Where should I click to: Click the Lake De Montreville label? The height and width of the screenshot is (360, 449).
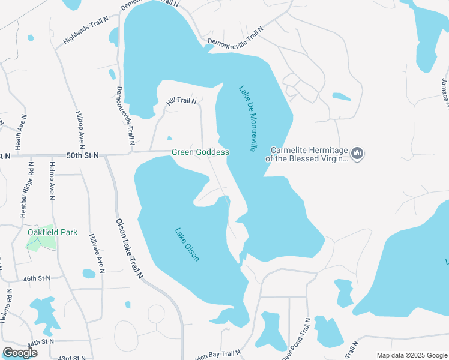(x=247, y=118)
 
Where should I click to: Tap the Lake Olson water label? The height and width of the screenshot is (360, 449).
(x=187, y=244)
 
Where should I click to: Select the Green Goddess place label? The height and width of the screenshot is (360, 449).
(x=200, y=152)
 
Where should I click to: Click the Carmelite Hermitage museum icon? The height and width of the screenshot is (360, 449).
(x=358, y=154)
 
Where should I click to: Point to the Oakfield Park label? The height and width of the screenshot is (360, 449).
(x=52, y=232)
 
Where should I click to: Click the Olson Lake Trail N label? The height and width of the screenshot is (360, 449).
(x=130, y=249)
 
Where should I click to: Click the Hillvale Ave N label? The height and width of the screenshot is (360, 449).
(x=95, y=253)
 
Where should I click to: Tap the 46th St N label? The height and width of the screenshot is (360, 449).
(x=37, y=279)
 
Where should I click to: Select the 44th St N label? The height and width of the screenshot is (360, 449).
(x=40, y=341)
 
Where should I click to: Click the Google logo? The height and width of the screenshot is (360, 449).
(x=20, y=353)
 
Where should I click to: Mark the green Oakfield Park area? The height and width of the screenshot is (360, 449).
(x=41, y=242)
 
